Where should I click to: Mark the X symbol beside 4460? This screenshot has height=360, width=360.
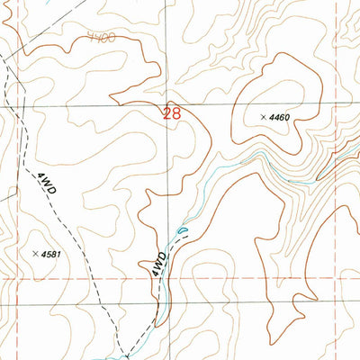(x=264, y=118)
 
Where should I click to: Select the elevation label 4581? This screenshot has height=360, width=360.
(x=53, y=255)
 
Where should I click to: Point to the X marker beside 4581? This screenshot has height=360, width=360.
(x=34, y=255)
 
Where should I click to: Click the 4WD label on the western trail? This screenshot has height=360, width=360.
(x=46, y=186)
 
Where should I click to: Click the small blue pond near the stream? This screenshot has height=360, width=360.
(x=184, y=232)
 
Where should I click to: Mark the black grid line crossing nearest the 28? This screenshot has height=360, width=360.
(x=166, y=105)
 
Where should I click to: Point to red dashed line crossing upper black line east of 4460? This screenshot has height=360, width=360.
(x=334, y=105)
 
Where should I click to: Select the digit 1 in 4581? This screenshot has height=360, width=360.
(x=62, y=255)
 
